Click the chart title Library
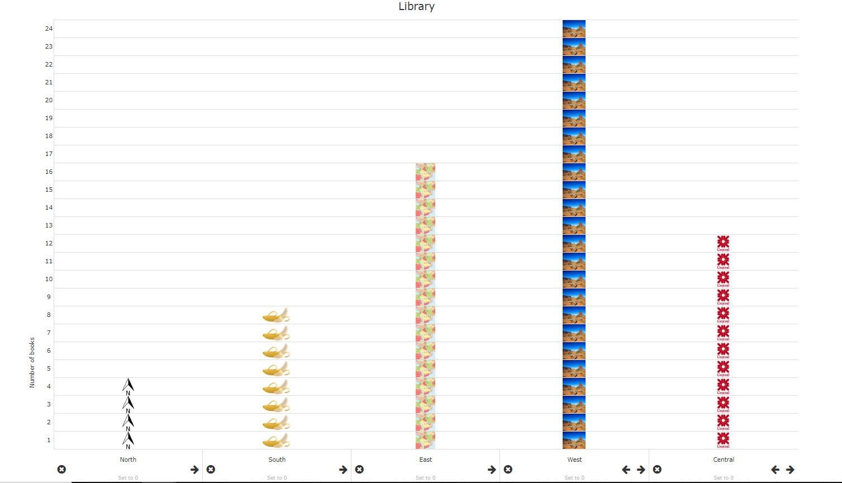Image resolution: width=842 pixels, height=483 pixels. pos(416,7)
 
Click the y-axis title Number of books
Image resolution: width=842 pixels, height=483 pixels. pos(32,362)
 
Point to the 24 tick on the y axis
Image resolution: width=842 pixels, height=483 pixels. pos(49,29)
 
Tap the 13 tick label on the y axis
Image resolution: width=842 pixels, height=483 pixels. pos(49,225)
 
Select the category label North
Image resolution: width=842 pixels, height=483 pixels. pos(128,460)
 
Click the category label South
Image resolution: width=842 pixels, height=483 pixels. pos(277,460)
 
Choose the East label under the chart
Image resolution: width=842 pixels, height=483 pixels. pos(425,460)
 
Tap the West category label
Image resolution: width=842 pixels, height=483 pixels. pos(574,460)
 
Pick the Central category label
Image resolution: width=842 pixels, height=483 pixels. pos(723,460)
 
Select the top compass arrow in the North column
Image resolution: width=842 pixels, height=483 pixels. pos(128,386)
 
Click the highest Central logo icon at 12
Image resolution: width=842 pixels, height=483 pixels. pos(723,243)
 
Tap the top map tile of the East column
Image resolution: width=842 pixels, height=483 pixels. pos(425,172)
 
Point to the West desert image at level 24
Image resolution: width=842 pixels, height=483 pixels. pos(574,29)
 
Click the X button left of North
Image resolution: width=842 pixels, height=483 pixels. pos(61,470)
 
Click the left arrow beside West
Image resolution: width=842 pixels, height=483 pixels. pos(626,470)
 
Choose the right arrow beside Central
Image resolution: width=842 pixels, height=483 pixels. pos(790,470)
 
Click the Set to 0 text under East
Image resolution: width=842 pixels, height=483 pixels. pos(425,478)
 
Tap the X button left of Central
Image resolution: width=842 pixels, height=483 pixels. pos(657,470)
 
